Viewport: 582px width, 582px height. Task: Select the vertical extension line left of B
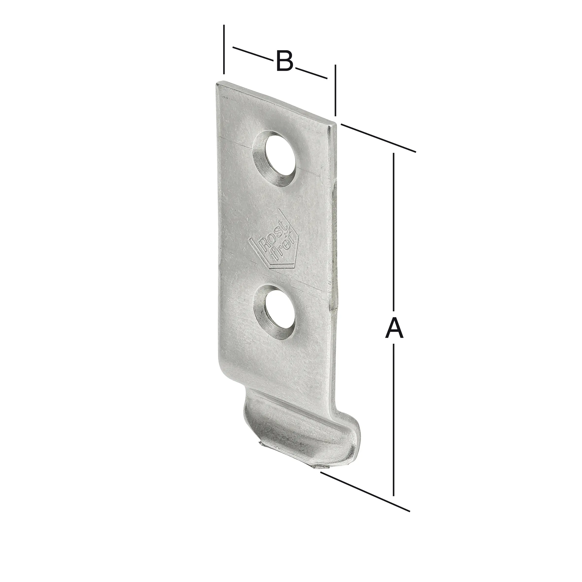224,50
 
